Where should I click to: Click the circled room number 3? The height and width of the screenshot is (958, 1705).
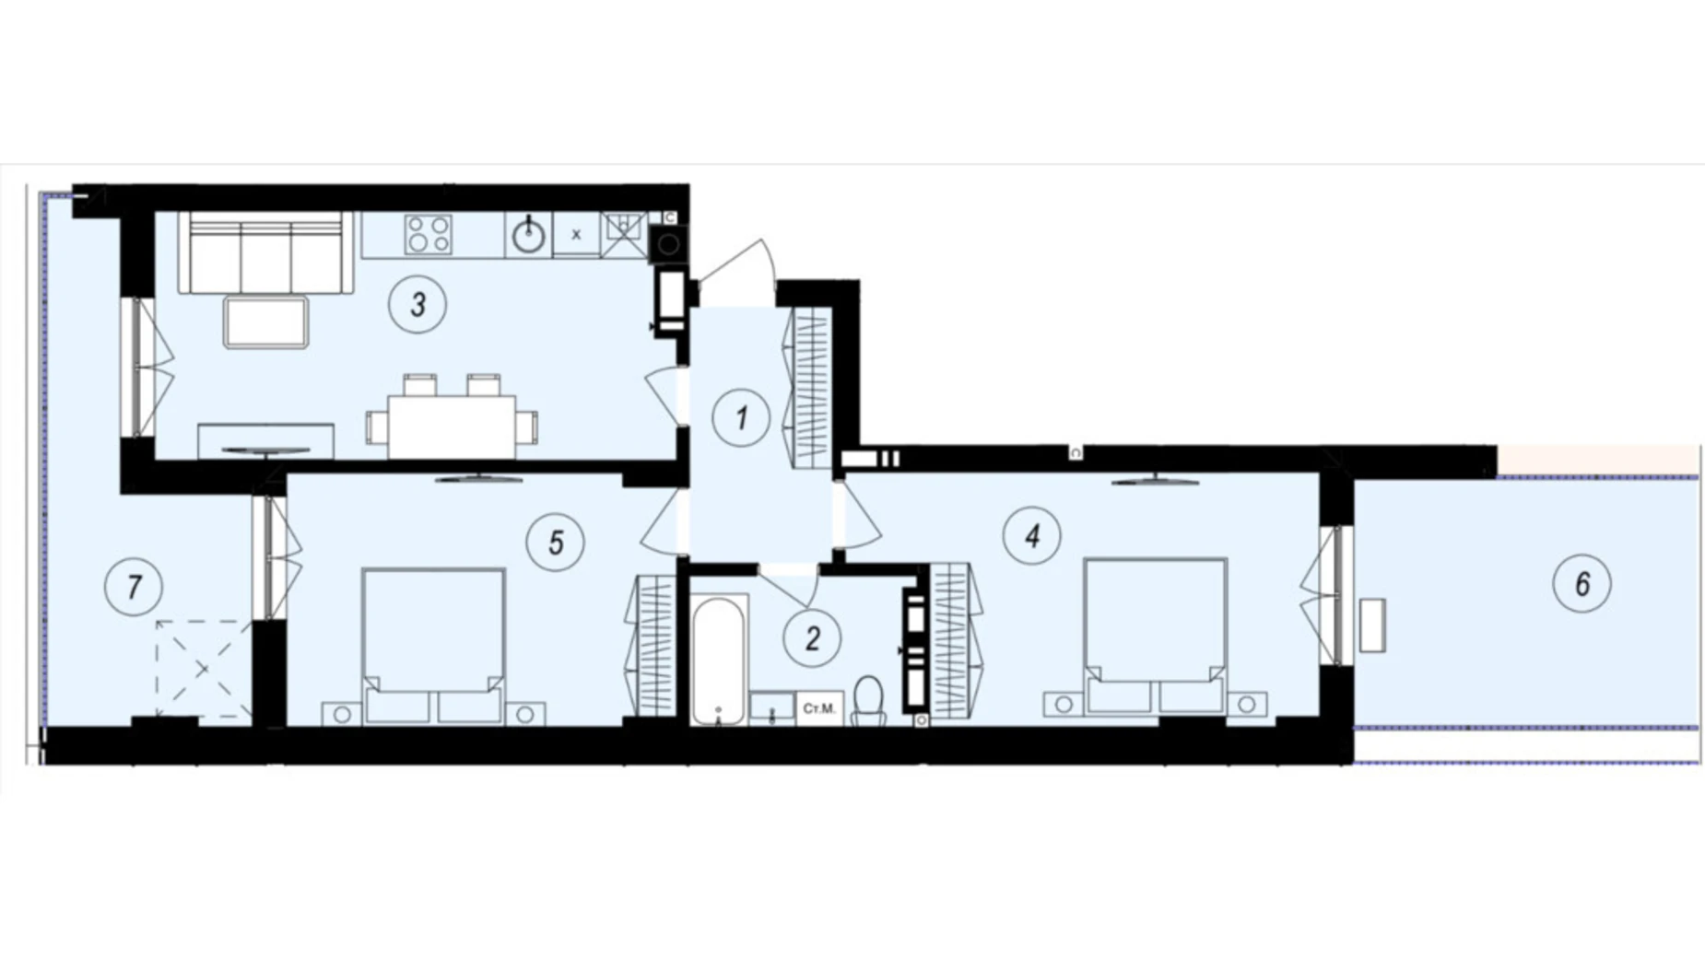pos(417,304)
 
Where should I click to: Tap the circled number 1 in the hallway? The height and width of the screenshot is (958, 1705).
pos(741,418)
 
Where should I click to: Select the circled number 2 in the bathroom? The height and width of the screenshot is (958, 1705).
pos(812,637)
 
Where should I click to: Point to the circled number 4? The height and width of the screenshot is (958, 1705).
pos(1032,535)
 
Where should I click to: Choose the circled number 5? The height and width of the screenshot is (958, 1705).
pos(555,542)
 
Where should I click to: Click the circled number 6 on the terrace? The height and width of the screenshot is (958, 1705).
pos(1582,583)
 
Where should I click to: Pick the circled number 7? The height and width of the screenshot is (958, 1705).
pos(135,586)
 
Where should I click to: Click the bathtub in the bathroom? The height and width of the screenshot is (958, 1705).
pos(718,660)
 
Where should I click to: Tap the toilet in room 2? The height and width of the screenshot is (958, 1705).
pos(868,701)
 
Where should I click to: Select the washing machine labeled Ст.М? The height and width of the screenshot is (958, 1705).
pos(818,708)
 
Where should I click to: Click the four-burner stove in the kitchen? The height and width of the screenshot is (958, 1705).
pos(429,234)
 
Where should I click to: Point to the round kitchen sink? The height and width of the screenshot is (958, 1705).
pos(528,236)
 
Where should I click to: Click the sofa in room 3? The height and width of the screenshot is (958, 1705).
pos(265,252)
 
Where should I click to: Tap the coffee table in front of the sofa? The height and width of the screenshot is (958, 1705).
pos(265,322)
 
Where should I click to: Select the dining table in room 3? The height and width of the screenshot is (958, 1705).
pos(452,426)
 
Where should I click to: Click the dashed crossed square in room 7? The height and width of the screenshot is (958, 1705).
pos(203,668)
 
